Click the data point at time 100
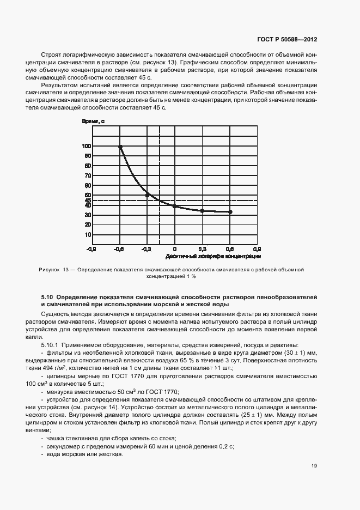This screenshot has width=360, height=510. point(120,147)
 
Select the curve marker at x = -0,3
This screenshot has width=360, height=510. point(148,195)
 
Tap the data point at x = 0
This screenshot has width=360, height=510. point(175,206)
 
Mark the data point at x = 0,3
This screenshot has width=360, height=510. point(202,211)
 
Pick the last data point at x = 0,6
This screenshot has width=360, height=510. point(230,212)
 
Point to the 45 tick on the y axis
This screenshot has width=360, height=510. point(87,200)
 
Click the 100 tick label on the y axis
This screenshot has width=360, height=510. point(86,146)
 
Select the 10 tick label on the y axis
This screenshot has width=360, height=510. point(87,235)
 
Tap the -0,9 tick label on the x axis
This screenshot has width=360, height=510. point(91,248)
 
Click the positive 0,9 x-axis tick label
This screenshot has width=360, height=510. point(257,248)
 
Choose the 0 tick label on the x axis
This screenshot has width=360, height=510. point(175,248)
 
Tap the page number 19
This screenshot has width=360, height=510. point(314,465)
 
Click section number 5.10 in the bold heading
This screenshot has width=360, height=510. point(47,296)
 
